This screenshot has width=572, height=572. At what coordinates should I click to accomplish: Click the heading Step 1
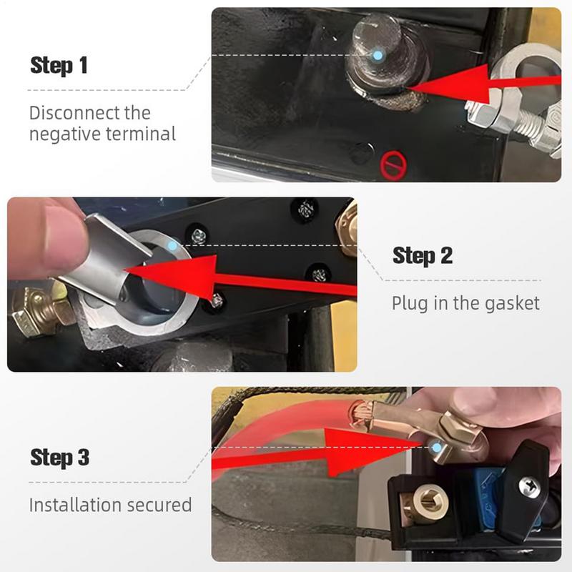tap(59, 65)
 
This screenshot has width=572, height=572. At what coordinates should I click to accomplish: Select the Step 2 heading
tap(423, 255)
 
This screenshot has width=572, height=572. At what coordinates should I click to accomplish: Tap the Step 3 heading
tap(59, 457)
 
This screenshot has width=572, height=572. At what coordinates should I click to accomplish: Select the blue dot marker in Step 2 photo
tap(171, 245)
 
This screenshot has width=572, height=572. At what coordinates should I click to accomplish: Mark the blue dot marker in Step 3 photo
tap(437, 446)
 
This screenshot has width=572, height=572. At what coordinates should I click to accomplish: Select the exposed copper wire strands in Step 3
tap(360, 413)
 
